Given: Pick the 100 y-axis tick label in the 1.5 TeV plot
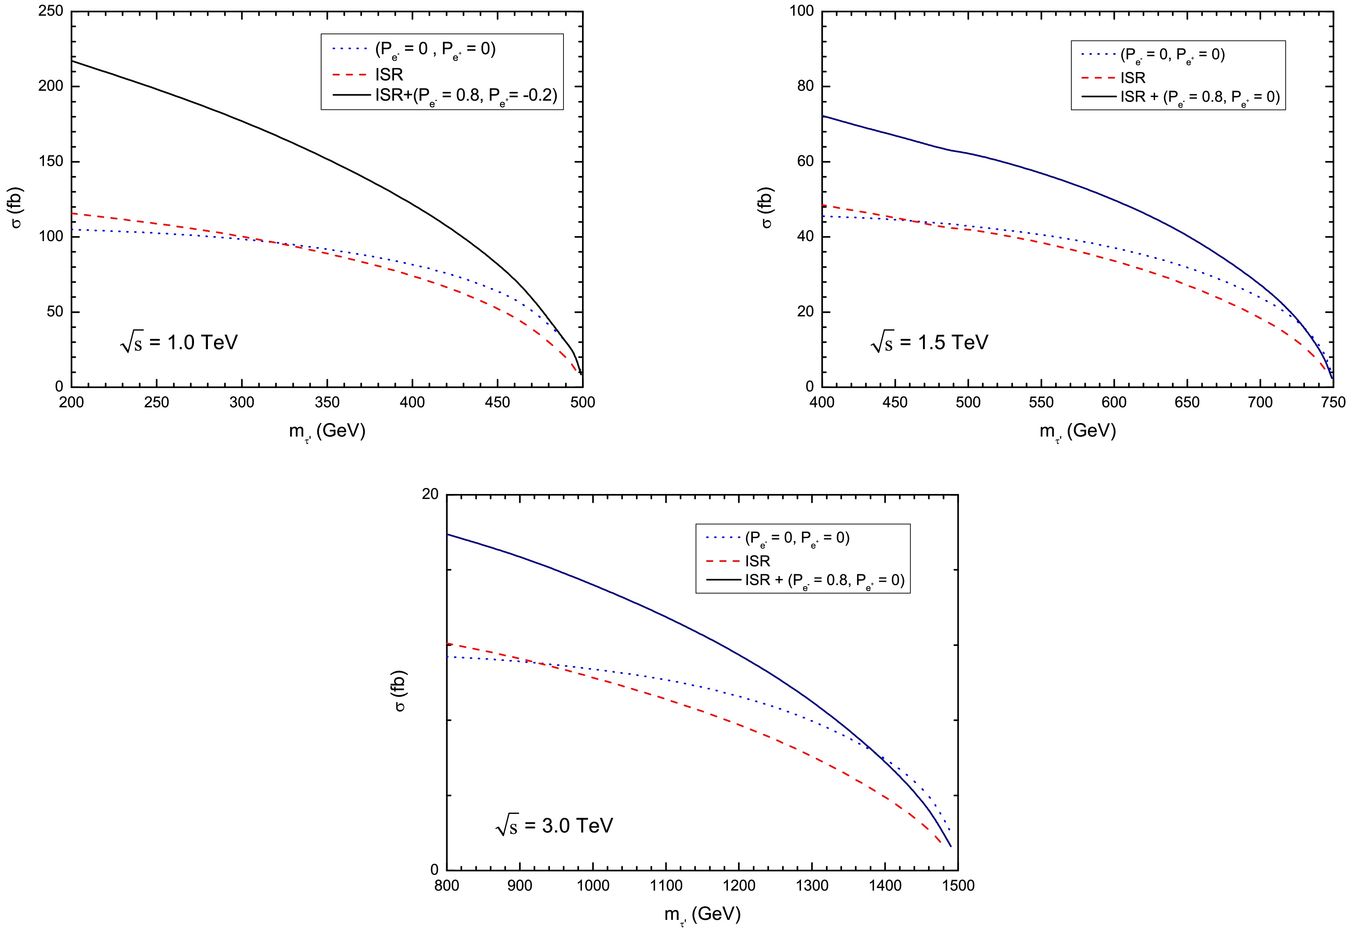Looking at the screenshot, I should [801, 11].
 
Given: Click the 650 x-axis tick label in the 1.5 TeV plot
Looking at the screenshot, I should [1187, 402].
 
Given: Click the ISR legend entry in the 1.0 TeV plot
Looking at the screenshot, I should [389, 75].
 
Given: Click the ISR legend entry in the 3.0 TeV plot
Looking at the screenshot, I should [757, 561].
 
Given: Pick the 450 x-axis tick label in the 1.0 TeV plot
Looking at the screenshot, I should [498, 402].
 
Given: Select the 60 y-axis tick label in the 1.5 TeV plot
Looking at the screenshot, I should [806, 162].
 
